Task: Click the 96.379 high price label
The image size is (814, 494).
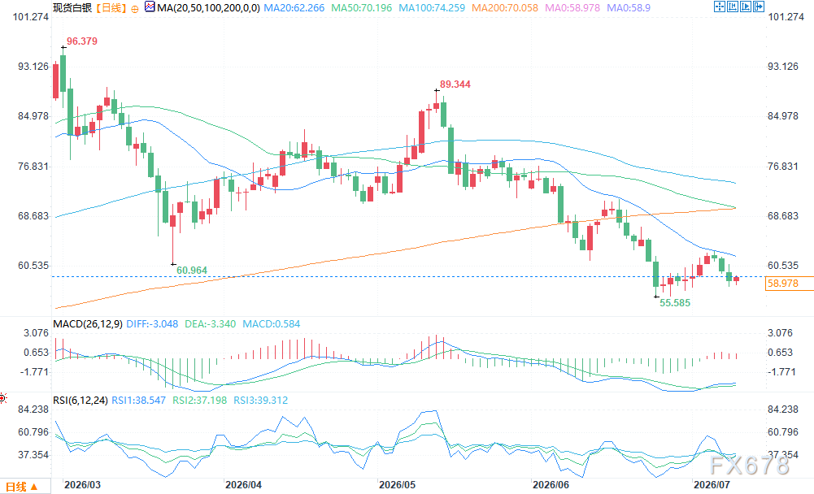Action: pyautogui.click(x=82, y=41)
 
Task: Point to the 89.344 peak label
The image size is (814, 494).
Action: pyautogui.click(x=455, y=84)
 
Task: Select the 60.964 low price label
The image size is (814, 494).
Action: pyautogui.click(x=192, y=271)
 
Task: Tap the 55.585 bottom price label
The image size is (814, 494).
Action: pyautogui.click(x=675, y=302)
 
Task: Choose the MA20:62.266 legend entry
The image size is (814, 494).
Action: pyautogui.click(x=294, y=8)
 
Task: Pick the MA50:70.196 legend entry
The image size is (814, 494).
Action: pyautogui.click(x=362, y=8)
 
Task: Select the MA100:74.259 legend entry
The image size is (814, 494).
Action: pyautogui.click(x=432, y=8)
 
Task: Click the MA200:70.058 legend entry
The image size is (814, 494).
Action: pyautogui.click(x=505, y=8)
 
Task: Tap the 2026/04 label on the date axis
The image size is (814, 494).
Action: pyautogui.click(x=243, y=485)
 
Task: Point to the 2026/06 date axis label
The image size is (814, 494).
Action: pyautogui.click(x=551, y=485)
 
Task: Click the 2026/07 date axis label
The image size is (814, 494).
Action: pyautogui.click(x=712, y=485)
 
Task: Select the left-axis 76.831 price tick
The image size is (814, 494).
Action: pyautogui.click(x=33, y=166)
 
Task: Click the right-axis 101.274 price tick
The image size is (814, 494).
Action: pyautogui.click(x=786, y=16)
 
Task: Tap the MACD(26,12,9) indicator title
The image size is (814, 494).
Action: pyautogui.click(x=88, y=324)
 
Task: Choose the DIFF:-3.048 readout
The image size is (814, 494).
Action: pyautogui.click(x=152, y=324)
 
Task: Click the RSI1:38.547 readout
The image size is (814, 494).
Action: pyautogui.click(x=138, y=400)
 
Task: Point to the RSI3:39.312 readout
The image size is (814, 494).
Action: pyautogui.click(x=260, y=400)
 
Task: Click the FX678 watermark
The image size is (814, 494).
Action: pyautogui.click(x=749, y=466)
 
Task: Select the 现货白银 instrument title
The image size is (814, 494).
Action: pyautogui.click(x=72, y=8)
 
